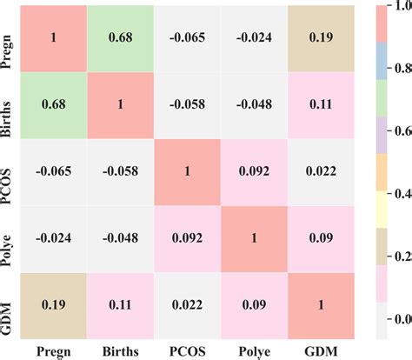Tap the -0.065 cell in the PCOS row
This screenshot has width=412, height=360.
point(56,169)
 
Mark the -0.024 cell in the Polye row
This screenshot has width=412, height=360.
point(56,234)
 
